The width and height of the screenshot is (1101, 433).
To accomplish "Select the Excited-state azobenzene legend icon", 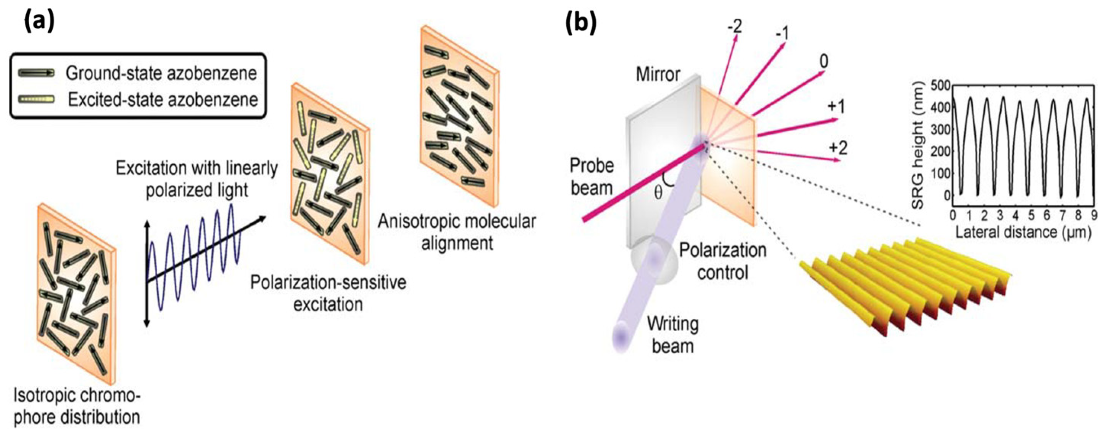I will coord(37,99).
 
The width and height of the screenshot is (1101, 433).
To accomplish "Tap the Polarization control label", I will coord(722,261).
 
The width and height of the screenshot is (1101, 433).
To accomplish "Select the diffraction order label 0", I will coord(823,62).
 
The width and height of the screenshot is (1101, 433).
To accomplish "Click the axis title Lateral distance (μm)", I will coord(1023,232).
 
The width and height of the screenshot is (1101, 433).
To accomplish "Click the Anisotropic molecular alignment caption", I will coord(456,232).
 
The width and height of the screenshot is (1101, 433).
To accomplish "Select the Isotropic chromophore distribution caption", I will coord(77,406).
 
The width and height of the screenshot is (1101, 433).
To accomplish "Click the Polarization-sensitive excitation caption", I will coord(328,293).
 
